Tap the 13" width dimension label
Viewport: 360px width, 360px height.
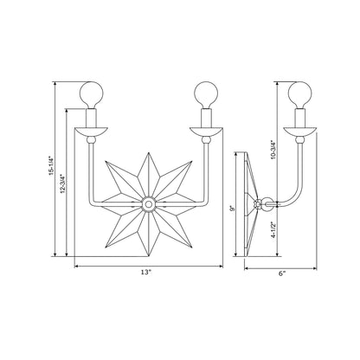click(146, 273)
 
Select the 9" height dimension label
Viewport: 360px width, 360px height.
click(233, 207)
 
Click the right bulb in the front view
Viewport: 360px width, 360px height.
click(205, 93)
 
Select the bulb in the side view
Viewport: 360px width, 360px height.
click(300, 93)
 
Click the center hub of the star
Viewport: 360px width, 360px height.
click(147, 205)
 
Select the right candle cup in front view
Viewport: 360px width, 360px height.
click(205, 132)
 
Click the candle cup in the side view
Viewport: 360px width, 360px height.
click(300, 132)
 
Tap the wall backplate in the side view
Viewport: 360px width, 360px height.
click(247, 205)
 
